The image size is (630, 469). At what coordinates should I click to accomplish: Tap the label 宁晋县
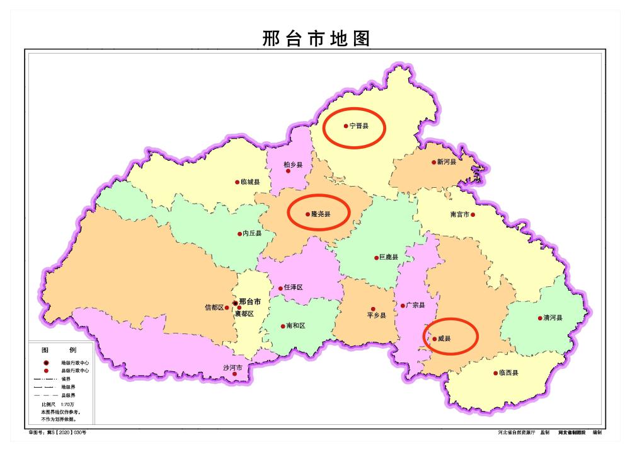coord(359,126)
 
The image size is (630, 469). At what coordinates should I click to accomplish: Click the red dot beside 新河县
coord(433,162)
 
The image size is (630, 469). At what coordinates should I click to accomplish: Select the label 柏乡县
coord(293,165)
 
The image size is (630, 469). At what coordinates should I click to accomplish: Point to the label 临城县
coord(250,182)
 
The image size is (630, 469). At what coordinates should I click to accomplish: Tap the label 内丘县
coord(252,234)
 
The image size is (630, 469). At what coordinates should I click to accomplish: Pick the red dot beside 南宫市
coord(472,214)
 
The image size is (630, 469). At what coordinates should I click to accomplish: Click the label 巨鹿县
coord(389,257)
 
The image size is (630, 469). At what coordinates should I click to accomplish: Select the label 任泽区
coord(294,287)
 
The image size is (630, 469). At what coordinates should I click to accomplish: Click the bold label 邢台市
coord(250,302)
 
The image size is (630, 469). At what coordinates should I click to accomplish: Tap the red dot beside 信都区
coord(227,308)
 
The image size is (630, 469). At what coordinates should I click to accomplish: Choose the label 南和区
coord(295,327)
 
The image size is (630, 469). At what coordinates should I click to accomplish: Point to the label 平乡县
coord(376,315)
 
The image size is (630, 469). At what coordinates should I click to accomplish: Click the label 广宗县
coord(416,306)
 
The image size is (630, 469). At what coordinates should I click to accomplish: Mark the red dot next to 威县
coord(434,339)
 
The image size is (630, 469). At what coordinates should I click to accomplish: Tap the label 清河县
coord(553,318)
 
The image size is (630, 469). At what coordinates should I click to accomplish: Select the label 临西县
coord(508,373)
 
